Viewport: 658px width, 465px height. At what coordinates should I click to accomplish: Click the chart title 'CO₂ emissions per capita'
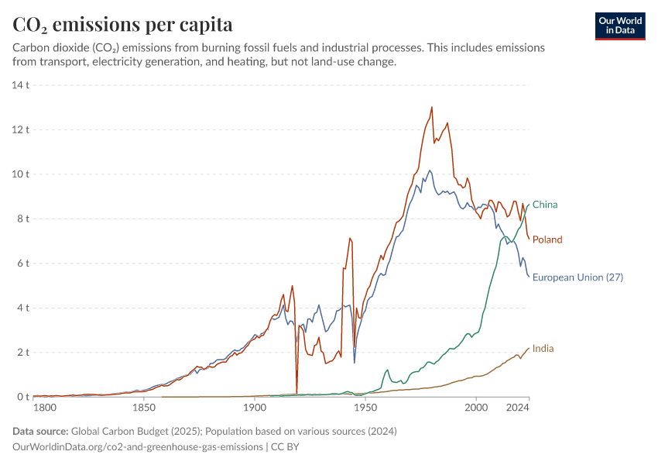pos(123,24)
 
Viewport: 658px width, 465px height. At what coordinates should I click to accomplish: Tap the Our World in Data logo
pos(619,26)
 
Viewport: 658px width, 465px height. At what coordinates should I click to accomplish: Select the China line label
pos(545,205)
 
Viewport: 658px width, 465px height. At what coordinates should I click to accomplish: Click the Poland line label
pos(547,239)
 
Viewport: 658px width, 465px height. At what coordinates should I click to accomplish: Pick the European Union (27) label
pos(577,277)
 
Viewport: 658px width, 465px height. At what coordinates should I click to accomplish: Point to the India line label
pos(543,349)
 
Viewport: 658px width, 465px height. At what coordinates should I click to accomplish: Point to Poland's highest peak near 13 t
pos(431,108)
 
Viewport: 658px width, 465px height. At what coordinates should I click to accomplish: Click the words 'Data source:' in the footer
pos(40,431)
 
